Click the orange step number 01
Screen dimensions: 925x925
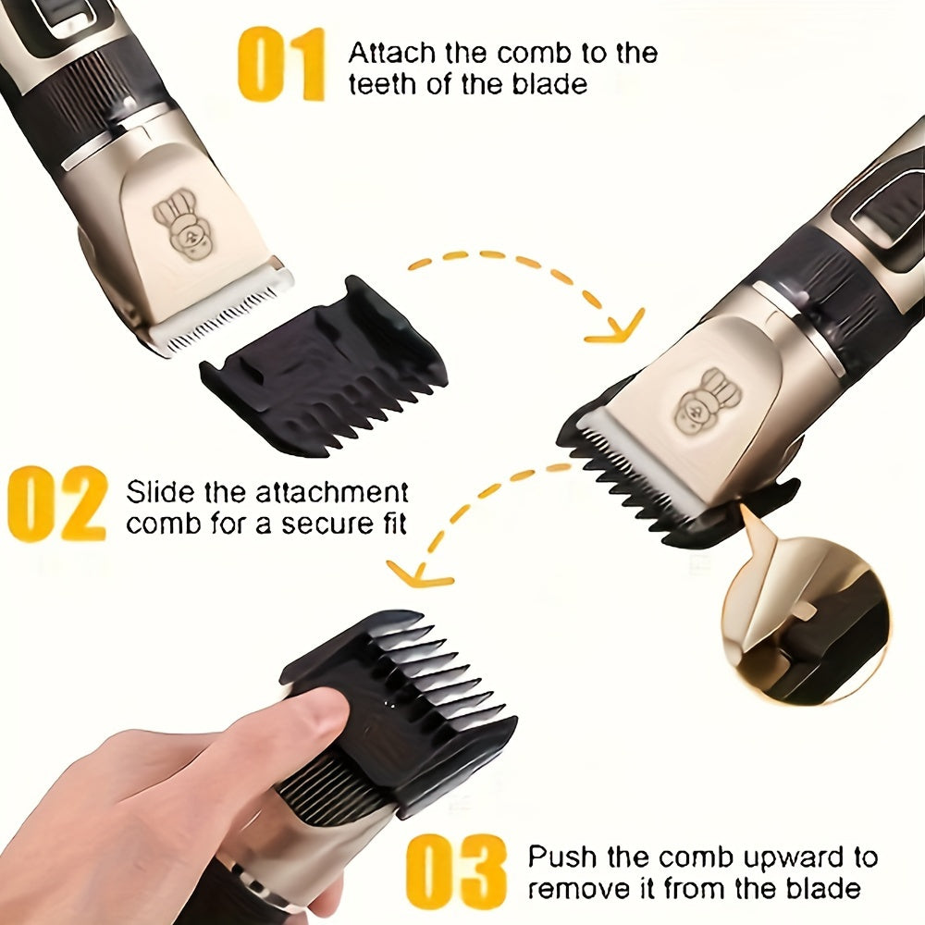[x=282, y=64]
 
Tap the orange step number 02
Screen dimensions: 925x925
[x=56, y=503]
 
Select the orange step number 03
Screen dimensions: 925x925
[x=457, y=871]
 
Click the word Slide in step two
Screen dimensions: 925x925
[x=159, y=491]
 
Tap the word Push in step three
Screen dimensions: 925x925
[x=559, y=857]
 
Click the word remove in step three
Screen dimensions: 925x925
[x=573, y=889]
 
